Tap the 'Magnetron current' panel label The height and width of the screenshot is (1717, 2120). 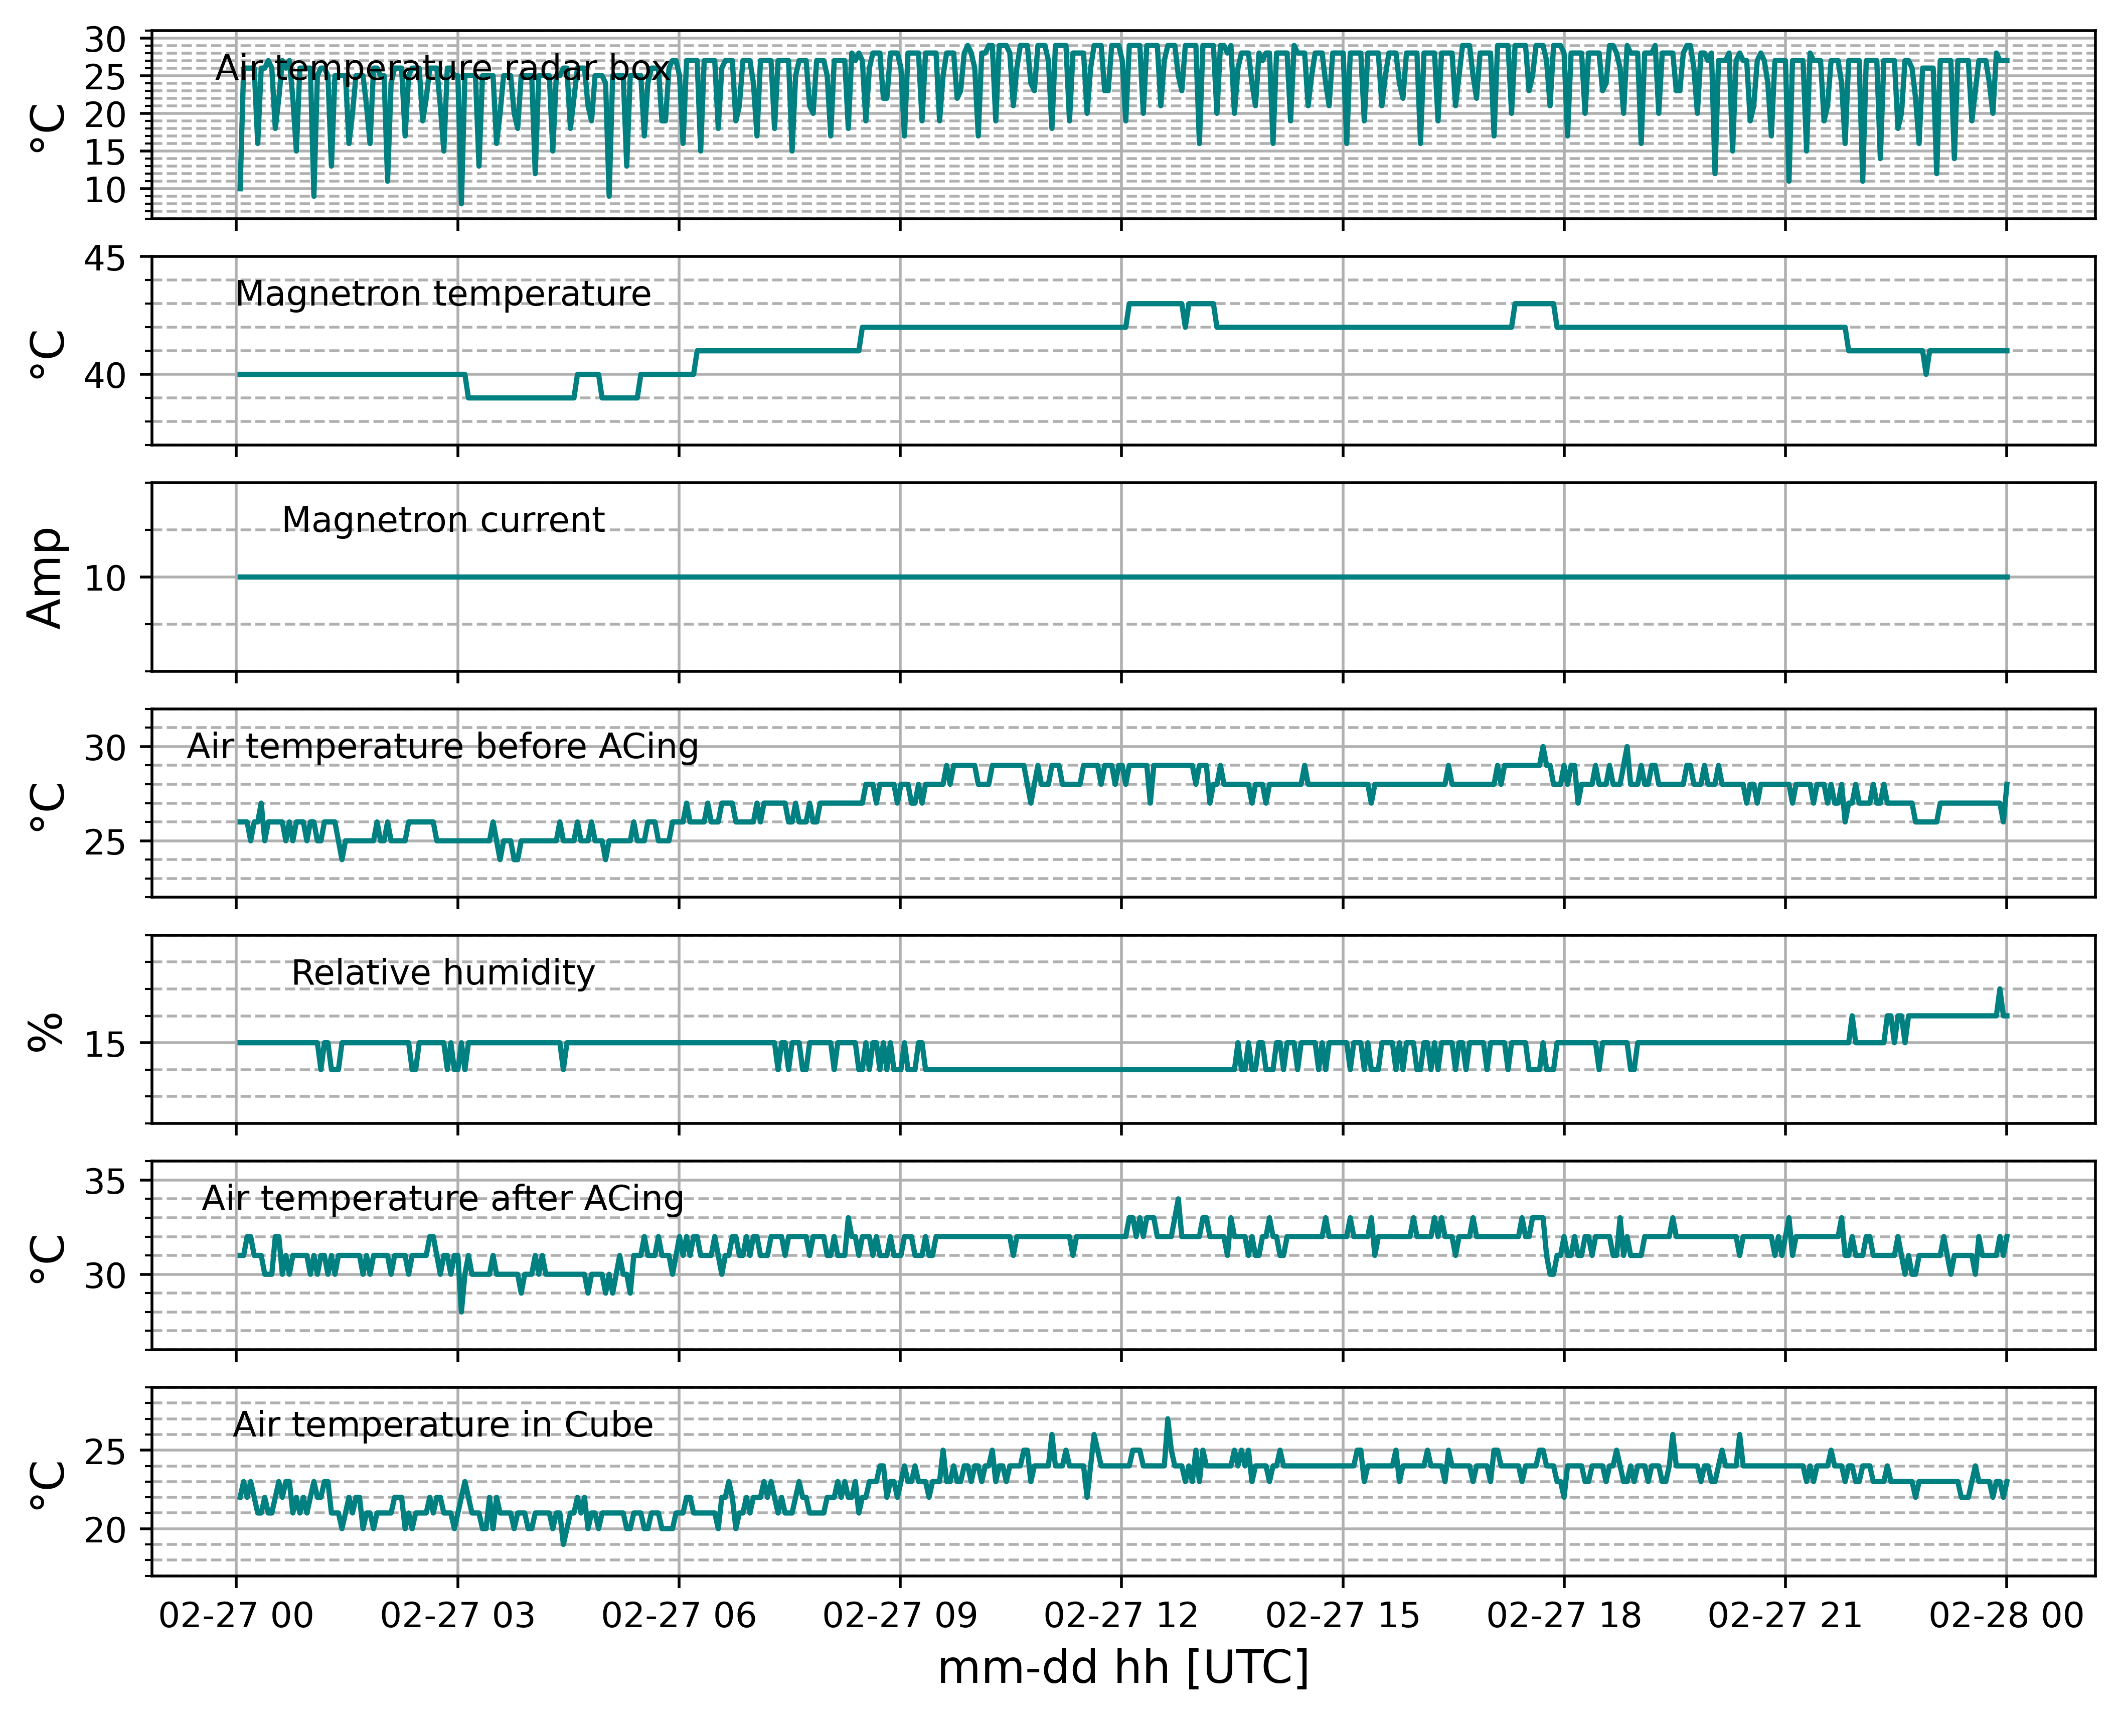443,520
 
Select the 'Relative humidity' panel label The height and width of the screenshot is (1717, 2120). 443,973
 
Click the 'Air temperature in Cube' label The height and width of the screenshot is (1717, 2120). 443,1425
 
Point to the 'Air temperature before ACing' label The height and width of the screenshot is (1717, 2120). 443,747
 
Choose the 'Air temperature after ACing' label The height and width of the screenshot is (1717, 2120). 443,1199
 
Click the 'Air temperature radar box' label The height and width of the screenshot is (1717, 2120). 443,68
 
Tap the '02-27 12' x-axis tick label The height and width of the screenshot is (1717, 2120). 1121,1616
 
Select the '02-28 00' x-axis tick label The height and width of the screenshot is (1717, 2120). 2006,1616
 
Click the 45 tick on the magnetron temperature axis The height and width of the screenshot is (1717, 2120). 105,259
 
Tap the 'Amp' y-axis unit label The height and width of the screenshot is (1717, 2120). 46,578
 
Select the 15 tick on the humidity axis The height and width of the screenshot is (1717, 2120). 105,1044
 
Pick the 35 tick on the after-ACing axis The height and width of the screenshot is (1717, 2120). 105,1182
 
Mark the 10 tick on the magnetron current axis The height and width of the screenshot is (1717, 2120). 105,579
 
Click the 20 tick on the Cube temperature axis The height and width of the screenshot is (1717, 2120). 105,1530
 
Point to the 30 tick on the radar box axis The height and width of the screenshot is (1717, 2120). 105,41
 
